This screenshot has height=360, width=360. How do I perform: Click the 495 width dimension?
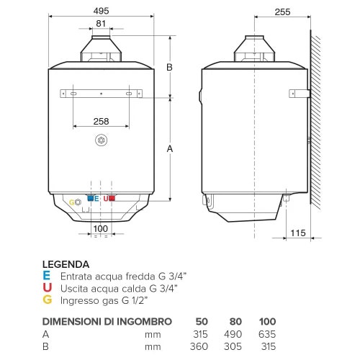click(101, 11)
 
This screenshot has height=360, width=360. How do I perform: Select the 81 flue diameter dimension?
click(101, 24)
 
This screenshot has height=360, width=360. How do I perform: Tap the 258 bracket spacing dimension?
click(101, 120)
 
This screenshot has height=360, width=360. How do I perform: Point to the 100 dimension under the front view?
click(101, 229)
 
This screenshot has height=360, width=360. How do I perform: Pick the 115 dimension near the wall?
click(297, 233)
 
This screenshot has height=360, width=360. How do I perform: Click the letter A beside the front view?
click(171, 149)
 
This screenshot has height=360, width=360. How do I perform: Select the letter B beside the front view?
click(171, 67)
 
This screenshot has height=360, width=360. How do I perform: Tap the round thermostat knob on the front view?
click(101, 139)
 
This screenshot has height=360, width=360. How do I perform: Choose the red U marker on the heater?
click(105, 198)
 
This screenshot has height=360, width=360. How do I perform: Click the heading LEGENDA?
click(66, 264)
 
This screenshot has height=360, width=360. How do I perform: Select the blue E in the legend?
click(47, 276)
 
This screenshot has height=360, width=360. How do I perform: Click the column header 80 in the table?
click(235, 321)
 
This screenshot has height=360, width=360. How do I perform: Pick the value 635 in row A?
click(267, 334)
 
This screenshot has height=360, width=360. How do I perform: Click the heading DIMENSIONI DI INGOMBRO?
click(107, 321)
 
